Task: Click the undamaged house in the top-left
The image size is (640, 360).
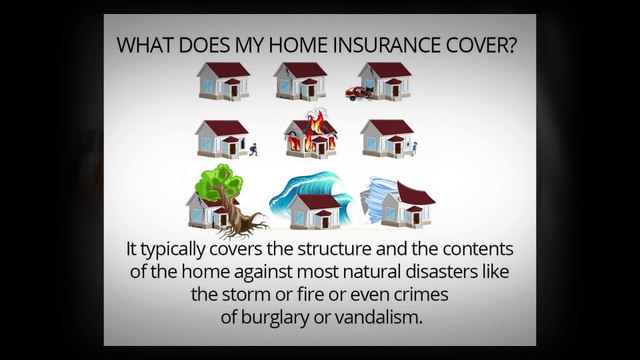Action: [222, 81]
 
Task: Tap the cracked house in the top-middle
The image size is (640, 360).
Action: [300, 81]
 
